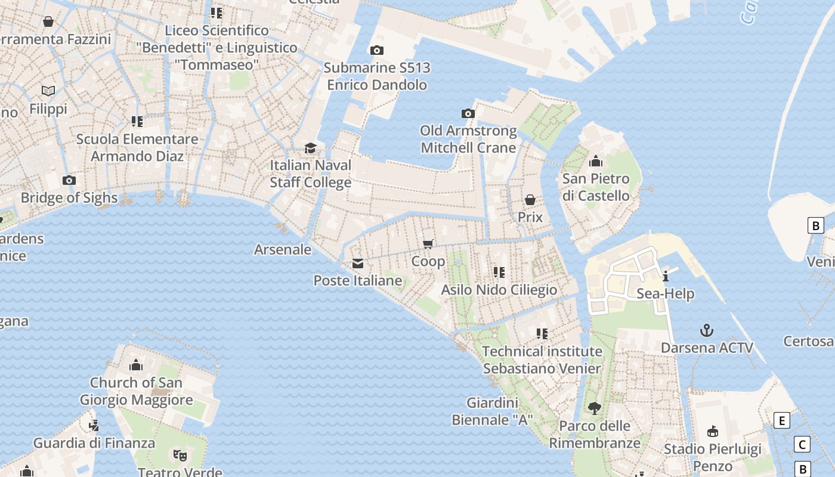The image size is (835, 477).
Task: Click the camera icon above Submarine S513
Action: [x=376, y=51]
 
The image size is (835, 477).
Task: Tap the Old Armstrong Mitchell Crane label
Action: [x=468, y=139]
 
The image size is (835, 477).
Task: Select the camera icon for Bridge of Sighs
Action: [x=69, y=181]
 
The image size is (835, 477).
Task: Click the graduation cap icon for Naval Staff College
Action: [x=310, y=148]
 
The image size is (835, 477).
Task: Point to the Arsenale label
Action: [x=283, y=249]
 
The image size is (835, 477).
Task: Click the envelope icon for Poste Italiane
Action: [x=358, y=264]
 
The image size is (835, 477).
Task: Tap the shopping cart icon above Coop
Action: [x=428, y=244]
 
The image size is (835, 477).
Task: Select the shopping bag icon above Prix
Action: [x=530, y=200]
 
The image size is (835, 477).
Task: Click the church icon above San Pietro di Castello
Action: [x=595, y=162]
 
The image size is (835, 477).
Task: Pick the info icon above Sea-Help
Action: [x=666, y=276]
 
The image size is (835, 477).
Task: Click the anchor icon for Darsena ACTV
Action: [x=707, y=330]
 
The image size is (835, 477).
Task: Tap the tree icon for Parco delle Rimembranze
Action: [x=594, y=408]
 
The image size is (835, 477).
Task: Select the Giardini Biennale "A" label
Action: [x=491, y=411]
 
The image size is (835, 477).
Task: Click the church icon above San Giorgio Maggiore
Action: [x=136, y=365]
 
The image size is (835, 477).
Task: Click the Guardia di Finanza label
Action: [x=94, y=443]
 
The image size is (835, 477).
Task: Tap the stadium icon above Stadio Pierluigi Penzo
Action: [x=712, y=432]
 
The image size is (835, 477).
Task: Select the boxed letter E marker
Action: [x=781, y=420]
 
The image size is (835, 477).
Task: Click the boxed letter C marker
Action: [x=802, y=444]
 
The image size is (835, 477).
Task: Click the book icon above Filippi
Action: [x=48, y=91]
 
